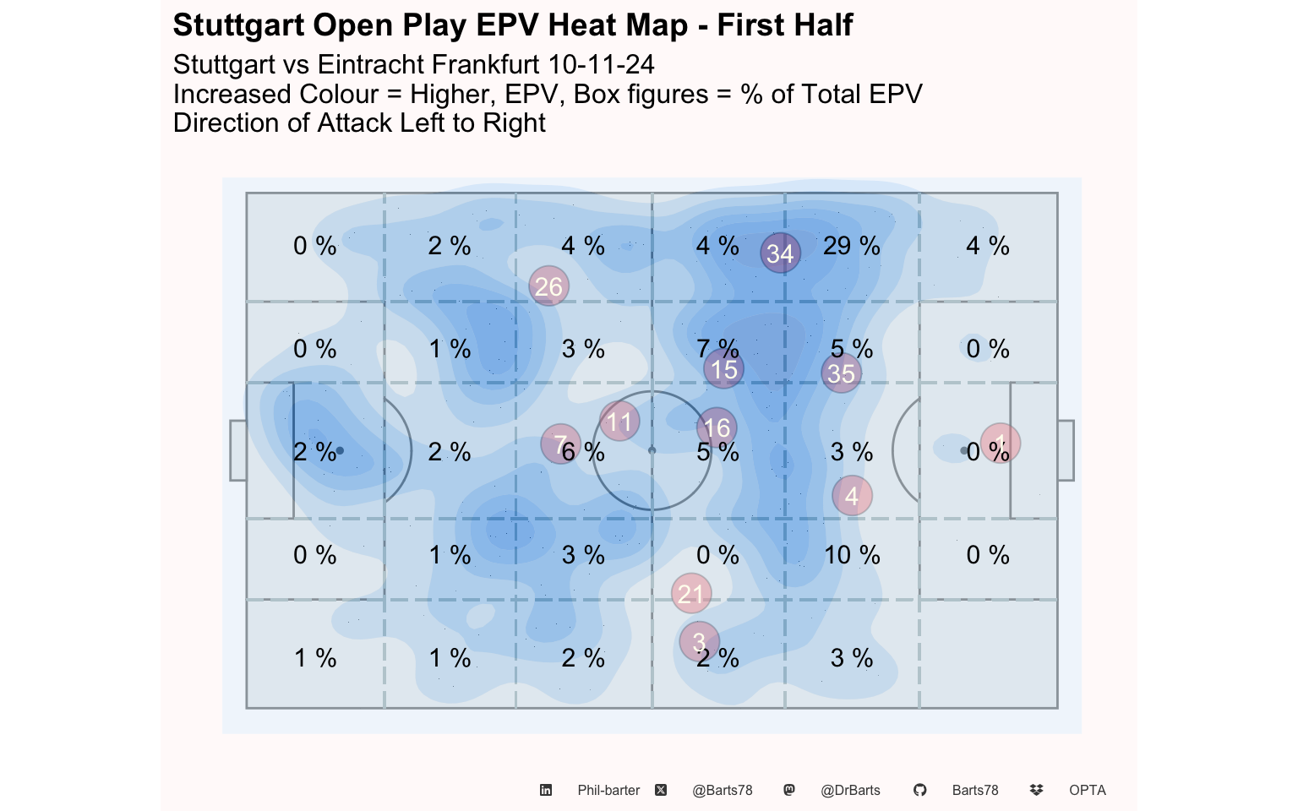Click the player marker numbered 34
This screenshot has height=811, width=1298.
tap(780, 253)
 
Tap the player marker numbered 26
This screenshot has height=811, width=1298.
tap(548, 286)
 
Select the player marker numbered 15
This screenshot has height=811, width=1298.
tap(723, 369)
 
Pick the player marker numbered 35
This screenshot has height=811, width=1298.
tap(841, 373)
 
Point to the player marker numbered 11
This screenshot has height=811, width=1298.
tap(619, 422)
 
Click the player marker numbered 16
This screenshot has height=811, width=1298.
tap(717, 427)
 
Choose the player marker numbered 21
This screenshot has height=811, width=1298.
tap(690, 593)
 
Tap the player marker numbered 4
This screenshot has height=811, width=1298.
tap(852, 495)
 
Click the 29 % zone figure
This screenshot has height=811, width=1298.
tap(851, 246)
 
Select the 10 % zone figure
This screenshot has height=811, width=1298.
tap(852, 555)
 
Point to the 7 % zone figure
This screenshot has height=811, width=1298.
tap(718, 349)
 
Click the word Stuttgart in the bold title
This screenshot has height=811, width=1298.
tap(239, 25)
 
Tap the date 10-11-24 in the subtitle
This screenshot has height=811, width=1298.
tap(601, 64)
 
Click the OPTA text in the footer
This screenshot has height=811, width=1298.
tap(1088, 790)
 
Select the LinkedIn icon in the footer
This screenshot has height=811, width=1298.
tap(546, 790)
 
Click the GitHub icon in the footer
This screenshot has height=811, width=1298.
tap(919, 790)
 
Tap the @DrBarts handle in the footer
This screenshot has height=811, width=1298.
tap(850, 790)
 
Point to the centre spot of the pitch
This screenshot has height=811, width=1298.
tap(652, 450)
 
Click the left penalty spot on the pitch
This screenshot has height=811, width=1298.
tap(340, 450)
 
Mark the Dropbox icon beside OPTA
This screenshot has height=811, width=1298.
tap(1037, 790)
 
